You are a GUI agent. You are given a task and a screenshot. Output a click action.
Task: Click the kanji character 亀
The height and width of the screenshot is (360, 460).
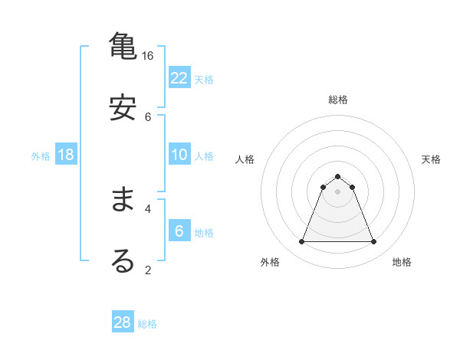[x=123, y=47]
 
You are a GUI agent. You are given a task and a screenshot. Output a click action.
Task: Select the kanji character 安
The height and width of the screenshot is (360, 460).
[x=123, y=107]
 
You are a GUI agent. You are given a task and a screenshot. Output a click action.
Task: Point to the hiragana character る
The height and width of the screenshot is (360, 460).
[x=123, y=260]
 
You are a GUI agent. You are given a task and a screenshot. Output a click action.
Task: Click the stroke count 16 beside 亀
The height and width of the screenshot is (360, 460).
[x=148, y=56]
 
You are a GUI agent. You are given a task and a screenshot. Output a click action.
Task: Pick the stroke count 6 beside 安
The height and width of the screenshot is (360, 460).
[x=148, y=116]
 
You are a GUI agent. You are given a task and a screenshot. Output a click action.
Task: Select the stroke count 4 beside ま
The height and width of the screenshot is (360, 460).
[x=148, y=208]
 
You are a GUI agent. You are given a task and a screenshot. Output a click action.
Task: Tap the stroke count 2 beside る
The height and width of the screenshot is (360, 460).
[x=148, y=270]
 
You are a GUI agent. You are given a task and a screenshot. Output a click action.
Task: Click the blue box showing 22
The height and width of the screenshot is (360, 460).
[x=179, y=78]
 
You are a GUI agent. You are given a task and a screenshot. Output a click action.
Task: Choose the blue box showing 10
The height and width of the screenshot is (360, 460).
[x=179, y=155]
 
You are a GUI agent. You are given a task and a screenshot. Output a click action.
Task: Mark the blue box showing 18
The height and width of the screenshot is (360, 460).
[x=66, y=155]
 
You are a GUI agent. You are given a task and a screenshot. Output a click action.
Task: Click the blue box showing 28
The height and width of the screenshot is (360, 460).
[x=123, y=322]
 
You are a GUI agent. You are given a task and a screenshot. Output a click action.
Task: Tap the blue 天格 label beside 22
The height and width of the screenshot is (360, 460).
[x=204, y=80]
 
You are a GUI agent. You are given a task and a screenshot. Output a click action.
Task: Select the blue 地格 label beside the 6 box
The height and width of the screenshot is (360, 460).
[x=204, y=233]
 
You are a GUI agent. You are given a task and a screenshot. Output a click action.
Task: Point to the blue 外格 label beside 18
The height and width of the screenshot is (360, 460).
[x=41, y=156]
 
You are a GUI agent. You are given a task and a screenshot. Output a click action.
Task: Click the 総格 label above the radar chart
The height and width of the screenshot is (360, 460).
[x=338, y=100]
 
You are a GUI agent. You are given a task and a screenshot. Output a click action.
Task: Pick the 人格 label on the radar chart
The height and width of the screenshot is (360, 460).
[x=245, y=159]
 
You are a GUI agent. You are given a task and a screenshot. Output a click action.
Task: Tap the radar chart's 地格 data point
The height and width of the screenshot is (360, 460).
[x=374, y=242]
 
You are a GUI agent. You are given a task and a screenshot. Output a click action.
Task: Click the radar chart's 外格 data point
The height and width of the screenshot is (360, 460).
[x=301, y=242]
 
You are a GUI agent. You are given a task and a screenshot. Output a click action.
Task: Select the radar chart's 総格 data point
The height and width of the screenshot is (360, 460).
[x=338, y=176]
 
